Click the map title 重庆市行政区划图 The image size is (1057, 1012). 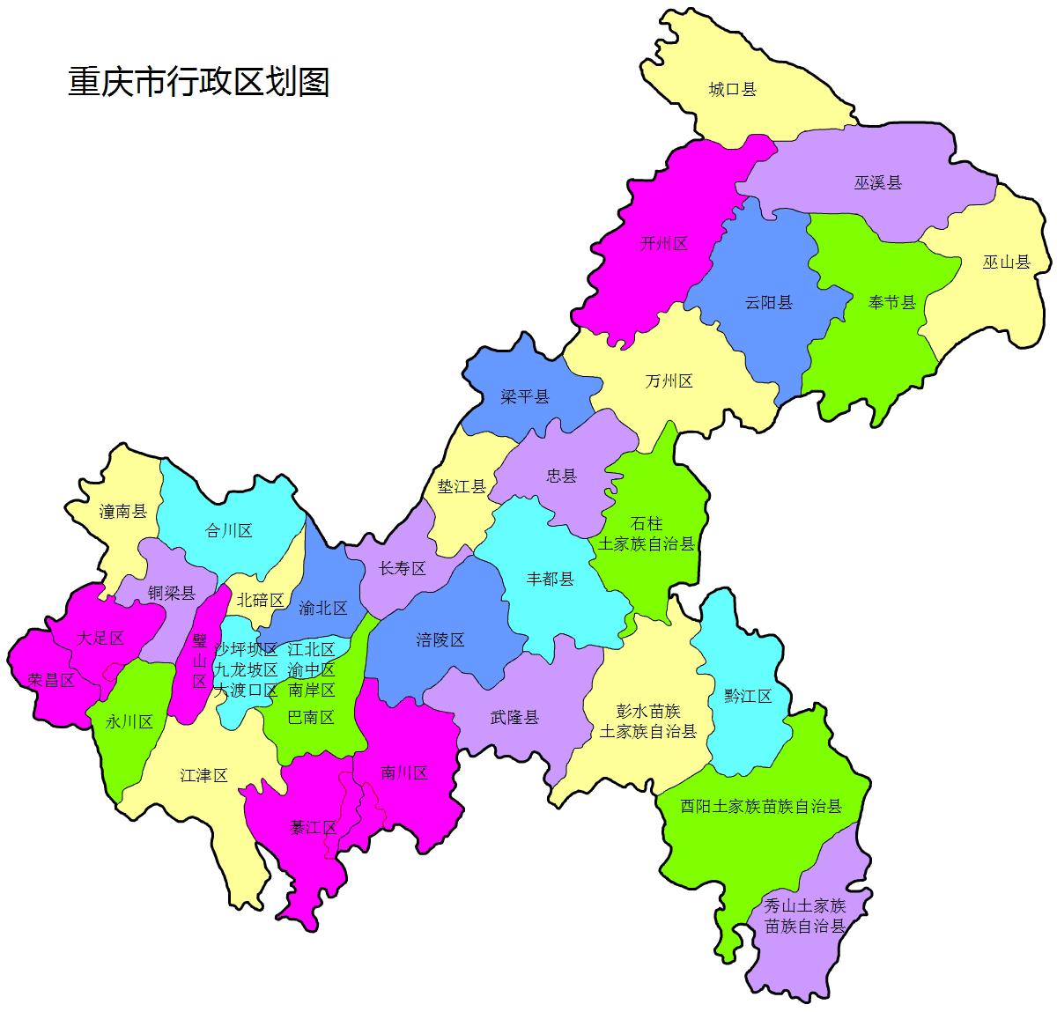pos(199,82)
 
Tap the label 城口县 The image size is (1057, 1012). pos(733,89)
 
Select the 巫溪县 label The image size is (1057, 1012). pos(877,183)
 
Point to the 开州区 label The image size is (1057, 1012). pos(663,244)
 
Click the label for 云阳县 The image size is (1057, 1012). pos(768,303)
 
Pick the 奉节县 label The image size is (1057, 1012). pos(892,303)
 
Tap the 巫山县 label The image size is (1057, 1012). pos(1006,262)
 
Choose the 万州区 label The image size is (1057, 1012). pos(669,380)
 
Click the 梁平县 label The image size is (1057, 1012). pos(525,396)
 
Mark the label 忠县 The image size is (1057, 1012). pos(561,476)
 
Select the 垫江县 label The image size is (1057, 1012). pos(462,486)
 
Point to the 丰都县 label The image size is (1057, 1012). pos(550,579)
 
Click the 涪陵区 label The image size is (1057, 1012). pos(440,640)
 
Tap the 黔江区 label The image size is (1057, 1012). pos(748,696)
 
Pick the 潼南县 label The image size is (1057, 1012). pos(123,511)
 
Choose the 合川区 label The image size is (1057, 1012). pos(228,530)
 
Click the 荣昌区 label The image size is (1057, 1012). pos(51,680)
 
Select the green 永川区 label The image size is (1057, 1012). pos(129,722)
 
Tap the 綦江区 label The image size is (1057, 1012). pos(314,827)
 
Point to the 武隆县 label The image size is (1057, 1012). pos(514,717)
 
